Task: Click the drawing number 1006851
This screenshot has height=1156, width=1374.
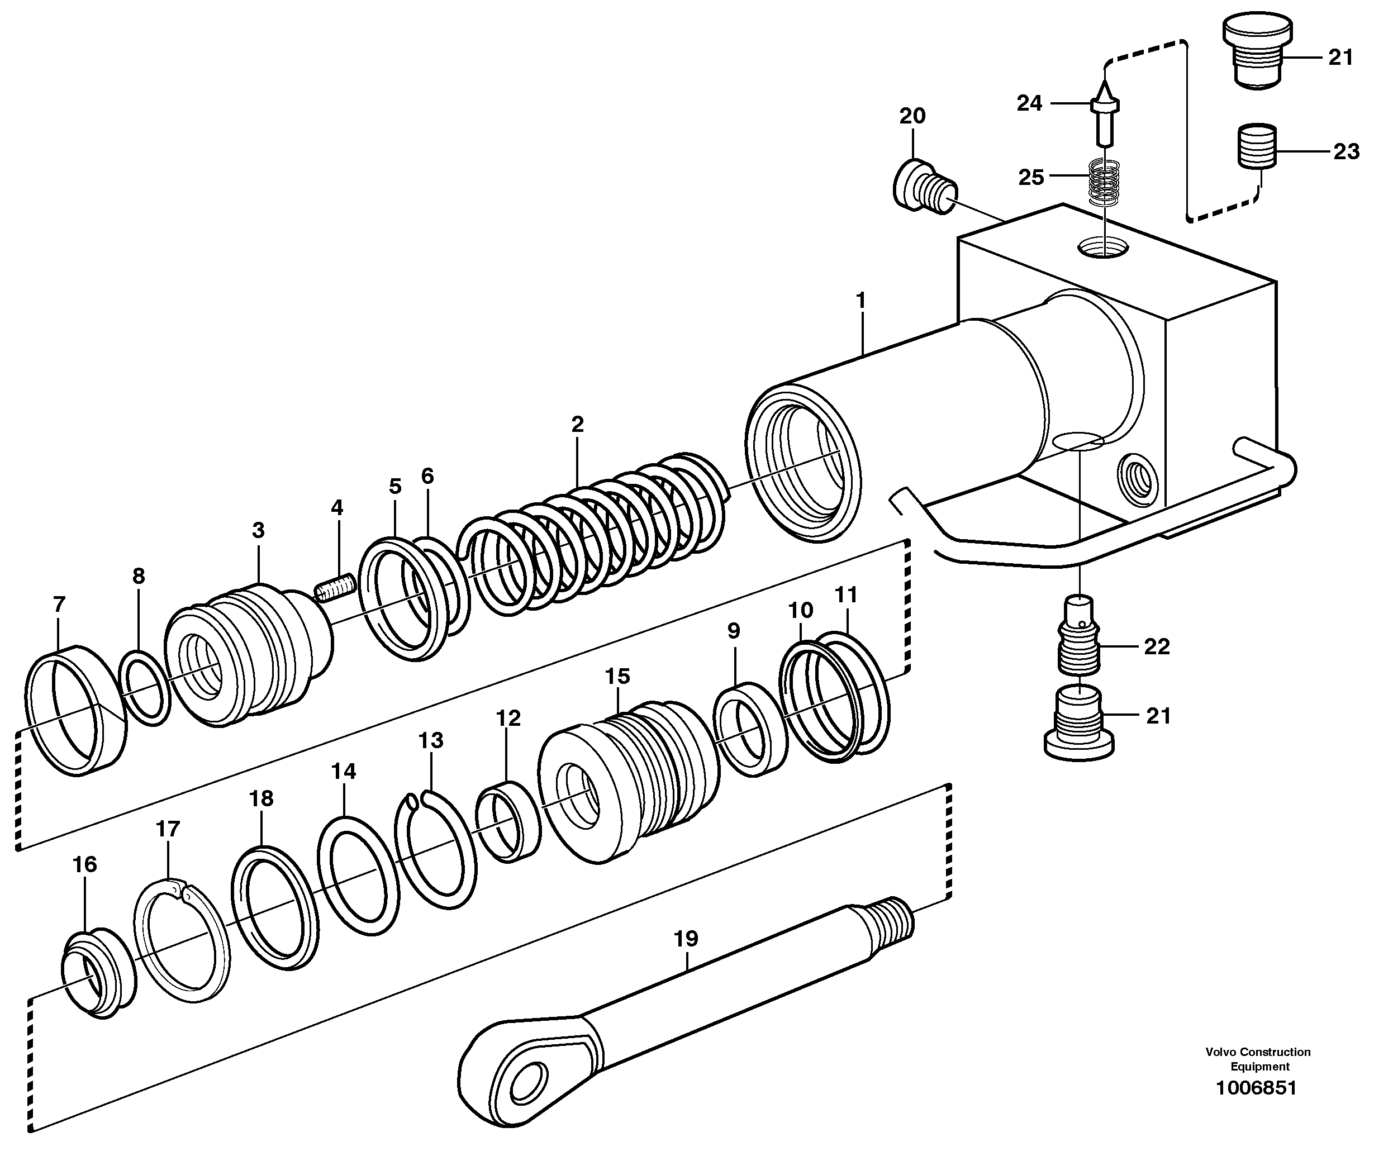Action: [x=1256, y=1088]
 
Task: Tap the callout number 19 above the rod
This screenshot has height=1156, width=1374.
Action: [x=686, y=939]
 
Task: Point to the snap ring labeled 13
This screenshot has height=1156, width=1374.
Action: [x=437, y=850]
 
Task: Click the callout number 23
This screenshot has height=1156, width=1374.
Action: [x=1346, y=152]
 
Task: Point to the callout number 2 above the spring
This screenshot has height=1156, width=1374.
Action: [x=577, y=425]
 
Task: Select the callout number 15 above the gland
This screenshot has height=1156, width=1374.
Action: [x=617, y=676]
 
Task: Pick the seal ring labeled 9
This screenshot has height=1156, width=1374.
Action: [x=749, y=729]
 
